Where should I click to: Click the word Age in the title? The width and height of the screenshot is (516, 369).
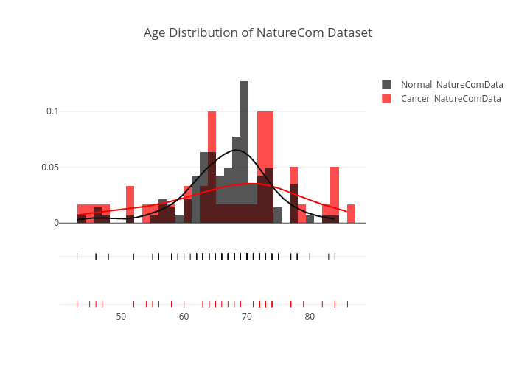[155, 33]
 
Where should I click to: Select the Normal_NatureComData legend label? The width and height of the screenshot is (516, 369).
[452, 85]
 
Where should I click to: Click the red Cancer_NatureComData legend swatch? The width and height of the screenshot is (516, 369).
[386, 98]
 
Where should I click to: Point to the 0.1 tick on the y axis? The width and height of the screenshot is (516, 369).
[52, 111]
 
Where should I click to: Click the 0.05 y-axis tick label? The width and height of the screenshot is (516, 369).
[50, 168]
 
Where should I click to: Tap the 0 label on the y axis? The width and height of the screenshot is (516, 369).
[56, 223]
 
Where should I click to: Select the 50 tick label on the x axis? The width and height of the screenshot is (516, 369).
[121, 317]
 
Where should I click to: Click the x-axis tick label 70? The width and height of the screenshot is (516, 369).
[246, 317]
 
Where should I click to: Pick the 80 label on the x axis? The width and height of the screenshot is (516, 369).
[310, 317]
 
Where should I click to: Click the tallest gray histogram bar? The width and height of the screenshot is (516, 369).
[245, 152]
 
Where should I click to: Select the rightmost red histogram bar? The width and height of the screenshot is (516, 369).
[351, 214]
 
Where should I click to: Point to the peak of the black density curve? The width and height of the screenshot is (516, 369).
[237, 150]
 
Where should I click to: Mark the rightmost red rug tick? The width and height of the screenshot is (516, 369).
[347, 304]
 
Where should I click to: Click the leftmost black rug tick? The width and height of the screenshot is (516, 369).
[77, 256]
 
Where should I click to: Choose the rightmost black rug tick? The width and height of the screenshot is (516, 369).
[335, 256]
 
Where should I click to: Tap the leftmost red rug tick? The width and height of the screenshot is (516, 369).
[77, 304]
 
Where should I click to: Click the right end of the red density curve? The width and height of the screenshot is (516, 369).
[347, 212]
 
